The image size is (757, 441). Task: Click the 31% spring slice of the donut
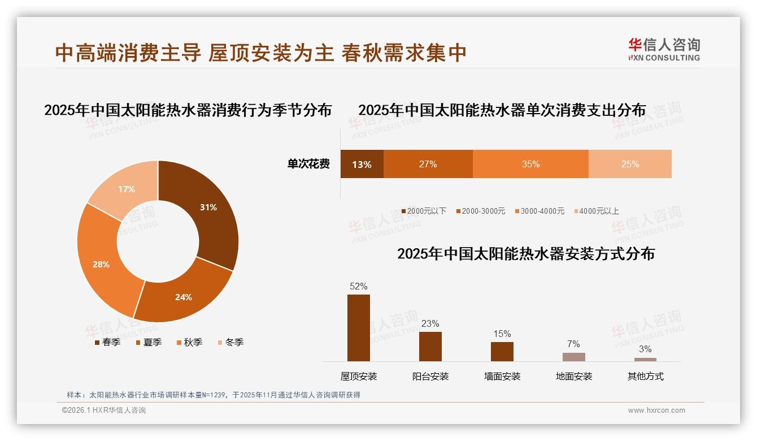pos(206,209)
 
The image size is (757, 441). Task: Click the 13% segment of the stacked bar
pos(362,164)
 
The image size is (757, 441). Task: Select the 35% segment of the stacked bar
pos(530,164)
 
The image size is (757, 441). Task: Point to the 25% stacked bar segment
pos(630,164)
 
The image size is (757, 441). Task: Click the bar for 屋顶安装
pos(359,327)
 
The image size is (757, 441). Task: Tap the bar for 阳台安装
pos(430,346)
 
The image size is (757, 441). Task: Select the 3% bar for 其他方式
pos(645,359)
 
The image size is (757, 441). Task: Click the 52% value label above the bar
pos(359,287)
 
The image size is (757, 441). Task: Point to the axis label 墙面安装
pos(502,377)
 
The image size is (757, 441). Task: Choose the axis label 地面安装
pos(574,377)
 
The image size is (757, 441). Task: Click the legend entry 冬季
pos(230,342)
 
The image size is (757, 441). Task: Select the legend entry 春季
pos(107,342)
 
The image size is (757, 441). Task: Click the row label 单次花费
pos(308,164)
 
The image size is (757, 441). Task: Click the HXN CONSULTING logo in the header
pos(664,50)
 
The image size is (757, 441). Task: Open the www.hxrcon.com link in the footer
pos(656,410)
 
